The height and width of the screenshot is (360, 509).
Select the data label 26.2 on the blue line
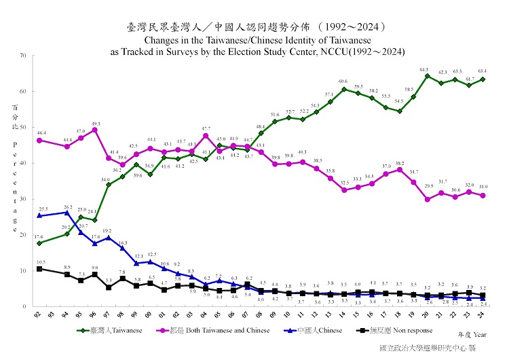click(x=67, y=206)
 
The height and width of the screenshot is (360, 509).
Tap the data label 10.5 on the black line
click(x=41, y=262)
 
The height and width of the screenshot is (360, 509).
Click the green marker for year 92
click(x=39, y=243)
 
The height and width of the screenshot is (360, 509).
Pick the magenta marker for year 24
click(x=483, y=196)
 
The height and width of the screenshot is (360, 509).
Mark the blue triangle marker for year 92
click(x=39, y=215)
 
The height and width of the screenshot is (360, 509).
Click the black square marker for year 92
click(x=39, y=269)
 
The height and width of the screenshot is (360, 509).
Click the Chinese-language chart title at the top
click(x=257, y=28)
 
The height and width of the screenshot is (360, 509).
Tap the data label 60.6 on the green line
click(x=343, y=82)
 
